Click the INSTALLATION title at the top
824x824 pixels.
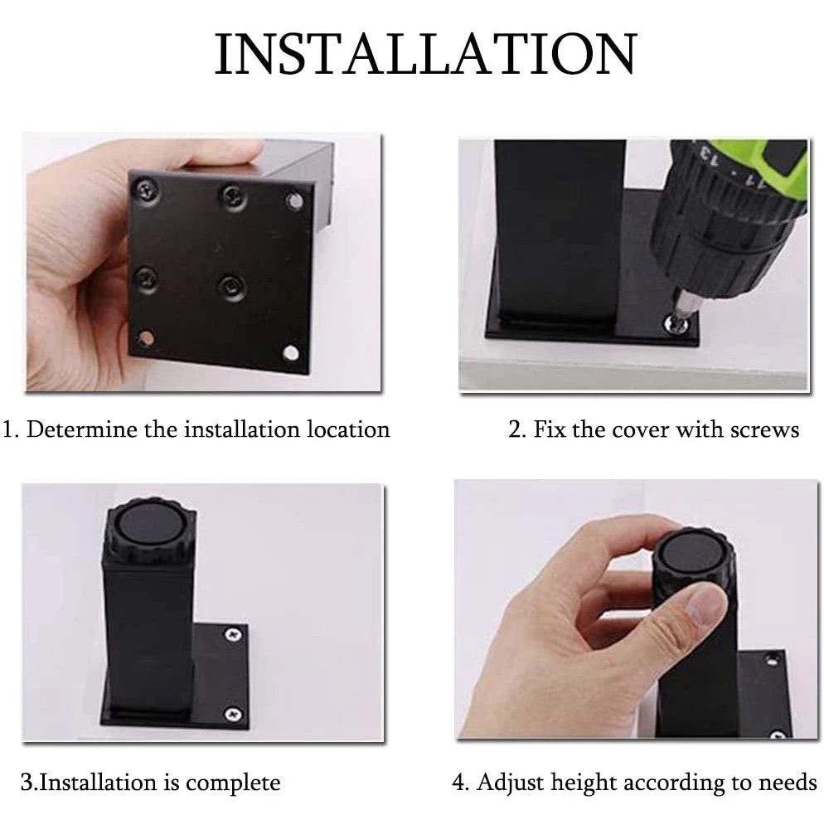tap(426, 54)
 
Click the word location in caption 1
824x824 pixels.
tap(348, 429)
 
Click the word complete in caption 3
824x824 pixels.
tap(233, 783)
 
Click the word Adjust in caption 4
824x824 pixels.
tap(511, 783)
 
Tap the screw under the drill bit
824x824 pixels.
tap(676, 324)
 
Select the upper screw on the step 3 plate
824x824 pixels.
tap(233, 635)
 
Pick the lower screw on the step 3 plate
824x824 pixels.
tap(232, 715)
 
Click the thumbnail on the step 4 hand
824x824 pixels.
tap(703, 607)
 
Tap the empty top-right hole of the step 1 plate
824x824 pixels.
tap(293, 201)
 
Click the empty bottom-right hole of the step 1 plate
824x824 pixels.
tap(291, 352)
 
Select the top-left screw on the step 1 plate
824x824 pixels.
tap(148, 191)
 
